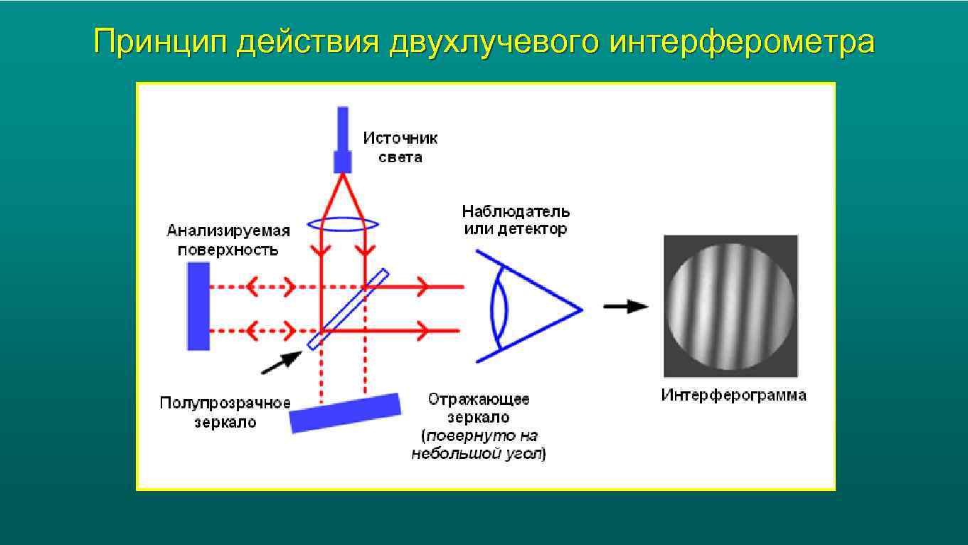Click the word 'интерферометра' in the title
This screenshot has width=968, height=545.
pyautogui.click(x=742, y=43)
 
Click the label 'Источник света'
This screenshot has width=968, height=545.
pyautogui.click(x=400, y=147)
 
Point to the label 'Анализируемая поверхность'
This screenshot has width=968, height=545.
pyautogui.click(x=228, y=240)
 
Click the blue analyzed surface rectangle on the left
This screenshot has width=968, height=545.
pyautogui.click(x=198, y=306)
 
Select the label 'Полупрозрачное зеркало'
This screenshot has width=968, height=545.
pyautogui.click(x=225, y=413)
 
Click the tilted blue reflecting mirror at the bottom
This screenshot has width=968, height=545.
pyautogui.click(x=345, y=413)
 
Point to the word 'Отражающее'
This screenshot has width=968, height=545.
pyautogui.click(x=478, y=399)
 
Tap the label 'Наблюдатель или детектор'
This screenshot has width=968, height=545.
pyautogui.click(x=516, y=220)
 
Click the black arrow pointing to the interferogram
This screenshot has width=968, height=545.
pyautogui.click(x=625, y=307)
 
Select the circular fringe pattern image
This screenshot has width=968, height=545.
pyautogui.click(x=730, y=306)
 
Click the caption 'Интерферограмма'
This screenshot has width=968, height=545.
pyautogui.click(x=733, y=396)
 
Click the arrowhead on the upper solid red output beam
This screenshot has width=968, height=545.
pyautogui.click(x=422, y=287)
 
